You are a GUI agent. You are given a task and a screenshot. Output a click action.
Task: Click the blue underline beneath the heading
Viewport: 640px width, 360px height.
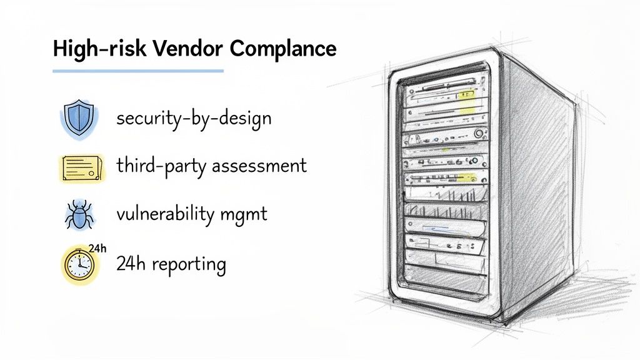[138, 71]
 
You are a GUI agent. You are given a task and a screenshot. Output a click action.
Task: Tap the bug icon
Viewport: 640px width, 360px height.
[78, 215]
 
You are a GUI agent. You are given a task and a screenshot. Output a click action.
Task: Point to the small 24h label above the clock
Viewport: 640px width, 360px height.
[97, 248]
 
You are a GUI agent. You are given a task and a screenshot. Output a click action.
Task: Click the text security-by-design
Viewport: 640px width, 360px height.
[194, 119]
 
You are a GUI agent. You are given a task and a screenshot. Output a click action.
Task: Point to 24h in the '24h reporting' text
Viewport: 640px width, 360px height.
[128, 264]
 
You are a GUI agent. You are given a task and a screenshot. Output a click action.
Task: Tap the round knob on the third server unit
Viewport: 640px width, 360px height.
[477, 132]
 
